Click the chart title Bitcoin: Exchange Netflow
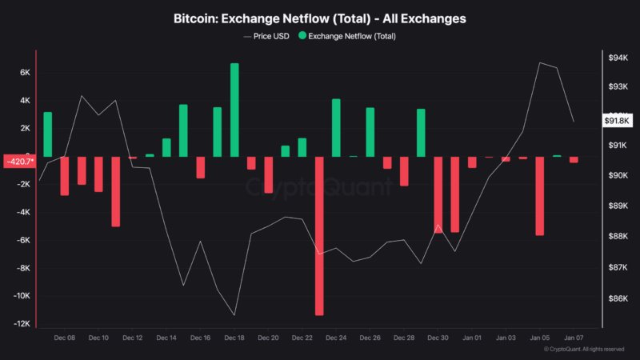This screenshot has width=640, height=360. click(x=319, y=17)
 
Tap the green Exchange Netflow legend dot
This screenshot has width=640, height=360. click(x=302, y=36)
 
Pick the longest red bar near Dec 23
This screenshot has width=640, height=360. click(x=319, y=235)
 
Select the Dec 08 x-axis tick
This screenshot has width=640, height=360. click(x=65, y=338)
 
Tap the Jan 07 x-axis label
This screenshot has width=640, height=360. click(x=574, y=338)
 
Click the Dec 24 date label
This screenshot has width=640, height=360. click(x=337, y=338)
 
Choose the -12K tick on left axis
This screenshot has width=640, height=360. click(x=22, y=324)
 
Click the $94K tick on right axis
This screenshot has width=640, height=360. click(x=618, y=58)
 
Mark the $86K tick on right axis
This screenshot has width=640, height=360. click(x=618, y=299)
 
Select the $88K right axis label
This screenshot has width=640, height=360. click(x=618, y=237)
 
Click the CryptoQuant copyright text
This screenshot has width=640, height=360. click(x=584, y=350)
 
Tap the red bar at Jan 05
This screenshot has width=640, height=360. click(x=540, y=195)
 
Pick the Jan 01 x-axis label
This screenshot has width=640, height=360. click(x=473, y=338)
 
